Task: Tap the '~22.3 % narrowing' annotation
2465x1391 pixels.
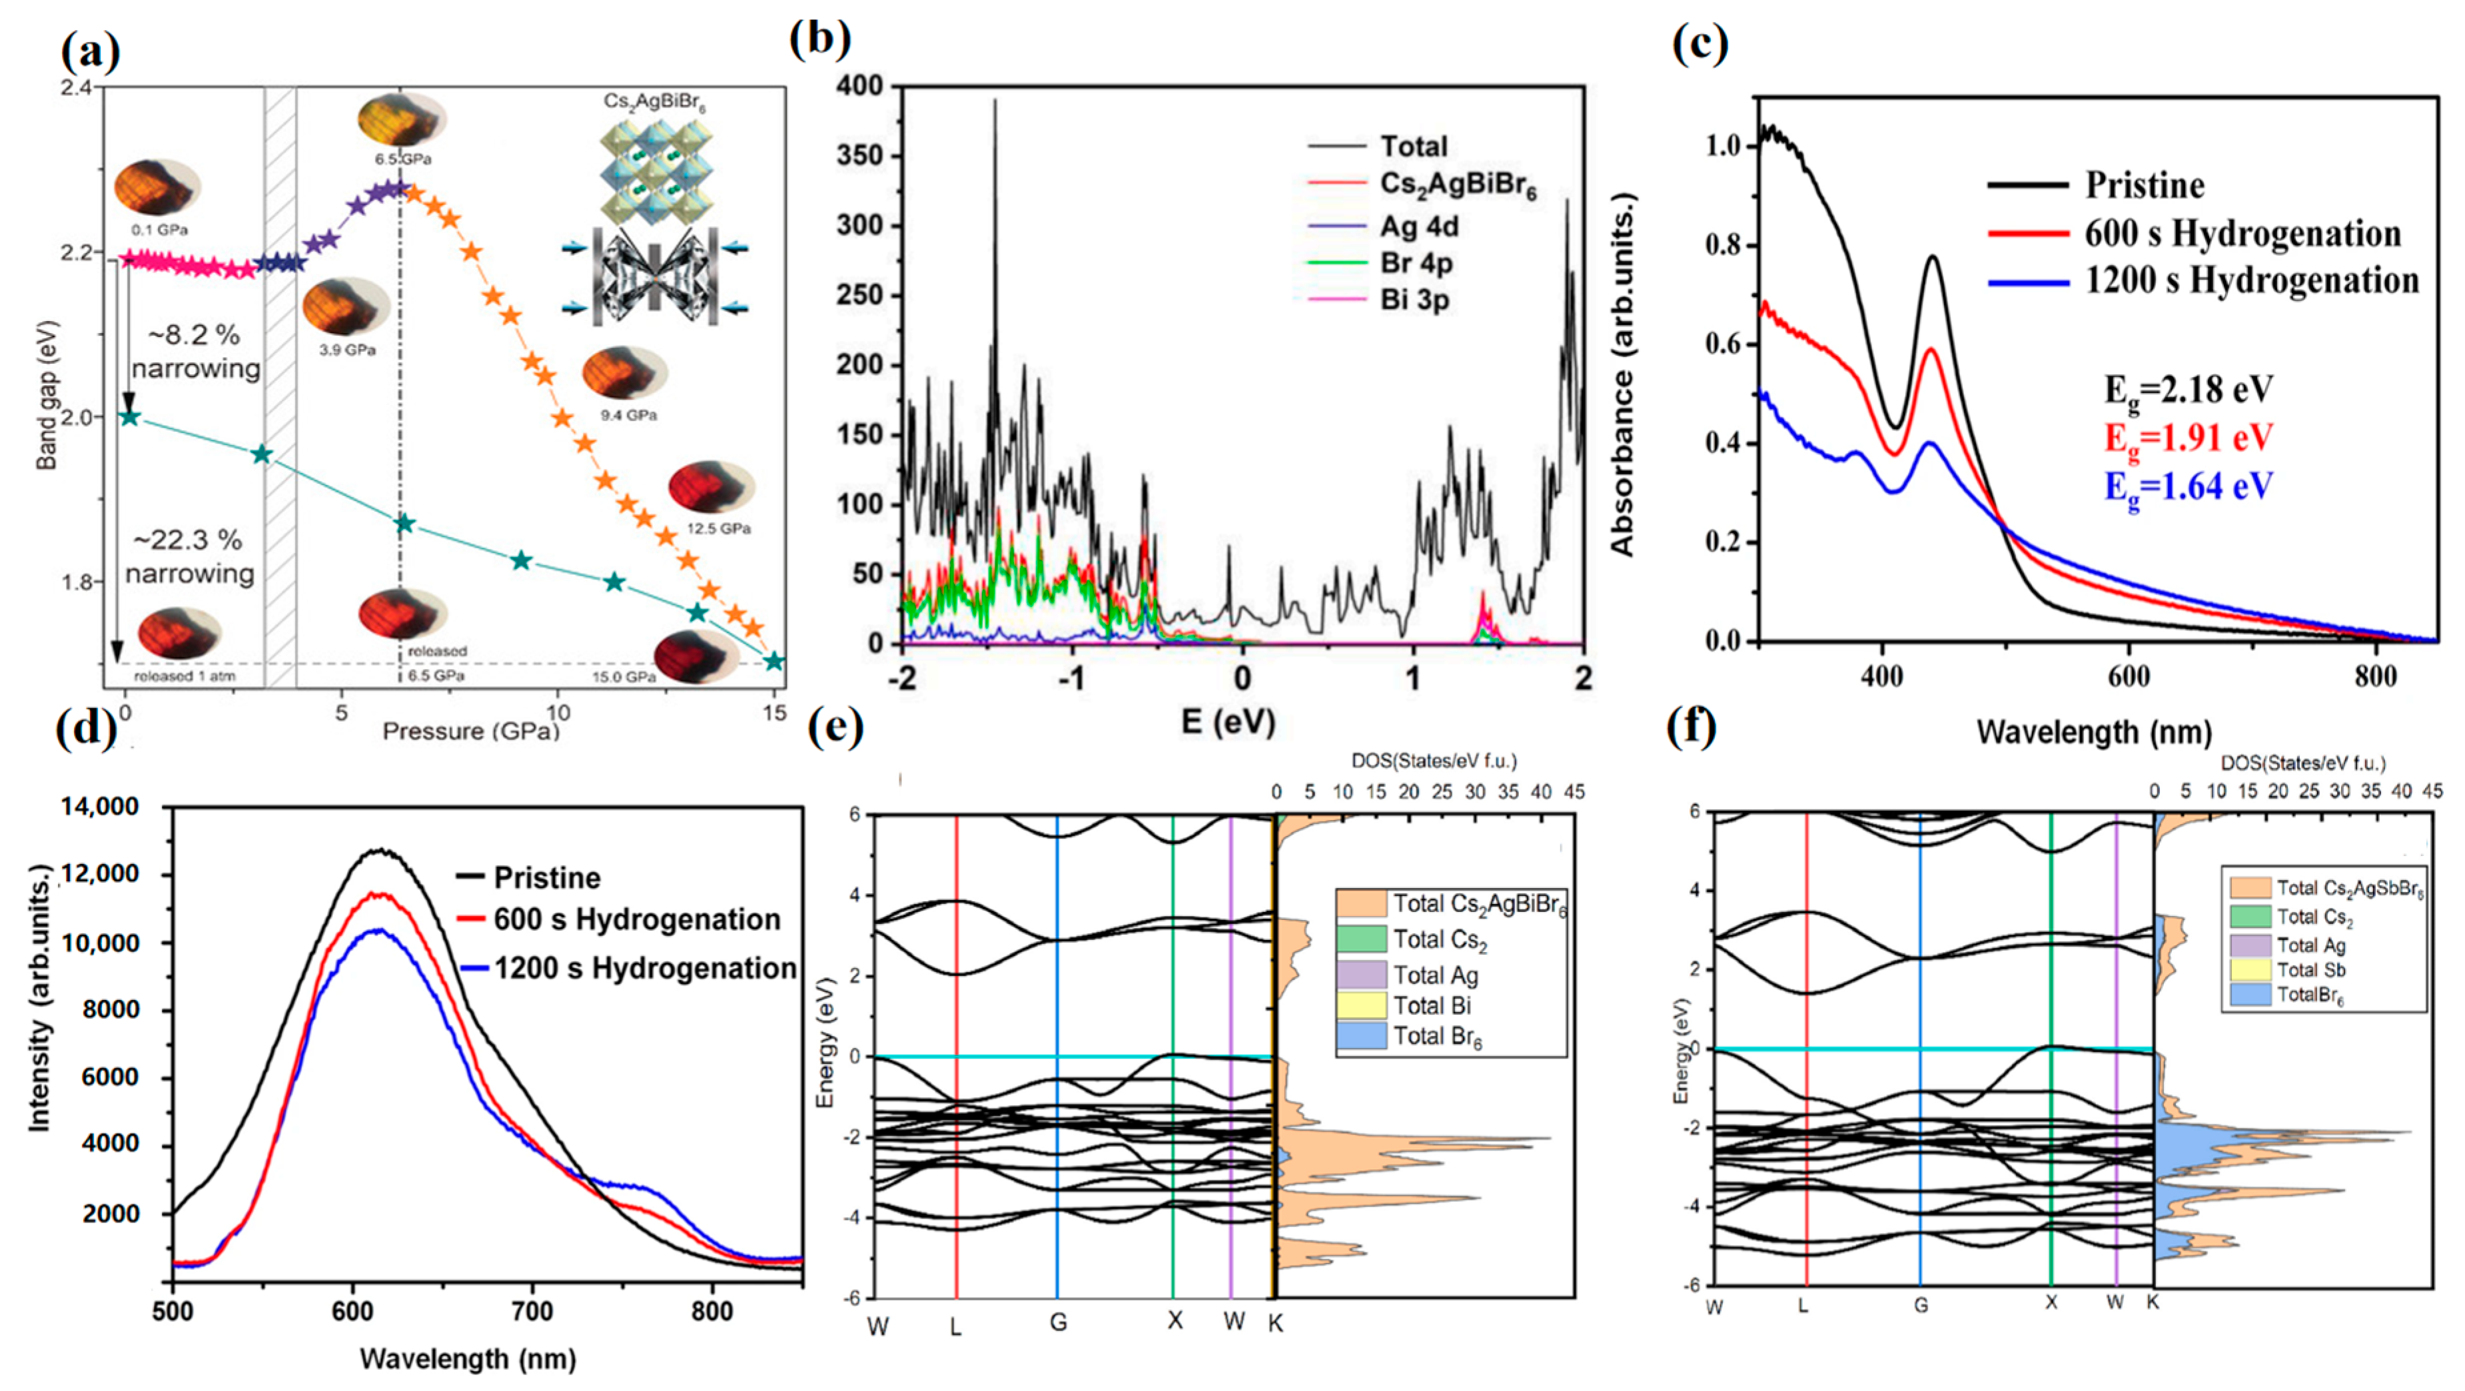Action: (189, 557)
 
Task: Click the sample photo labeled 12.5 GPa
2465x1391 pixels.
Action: (710, 488)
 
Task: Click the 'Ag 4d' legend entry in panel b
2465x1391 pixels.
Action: (1418, 227)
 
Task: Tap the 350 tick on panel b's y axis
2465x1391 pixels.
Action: (859, 156)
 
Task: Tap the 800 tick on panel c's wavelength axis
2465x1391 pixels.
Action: (2375, 678)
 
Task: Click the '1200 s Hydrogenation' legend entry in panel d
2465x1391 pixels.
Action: (645, 968)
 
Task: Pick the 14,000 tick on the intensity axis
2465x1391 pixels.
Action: (99, 807)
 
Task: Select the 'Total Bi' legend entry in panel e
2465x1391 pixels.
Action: (1432, 1005)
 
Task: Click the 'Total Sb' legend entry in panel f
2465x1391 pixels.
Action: (2310, 970)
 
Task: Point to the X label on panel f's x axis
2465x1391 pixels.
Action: (2051, 1303)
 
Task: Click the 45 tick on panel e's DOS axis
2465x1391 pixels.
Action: (1573, 792)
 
